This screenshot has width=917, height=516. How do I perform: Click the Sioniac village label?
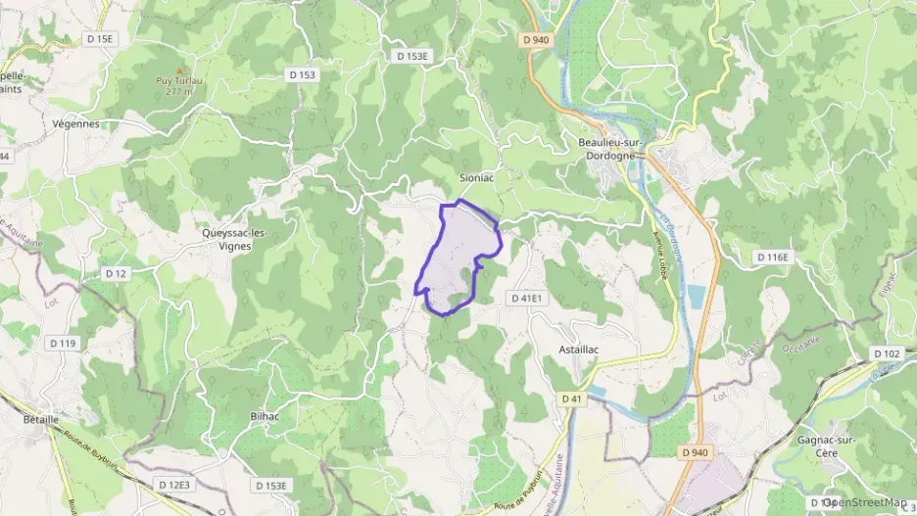coord(475,178)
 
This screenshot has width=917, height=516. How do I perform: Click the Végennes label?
coord(77,124)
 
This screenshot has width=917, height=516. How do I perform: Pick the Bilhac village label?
coord(265,416)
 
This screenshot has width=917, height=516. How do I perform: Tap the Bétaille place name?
coord(41,418)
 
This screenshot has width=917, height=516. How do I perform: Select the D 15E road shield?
coord(100,39)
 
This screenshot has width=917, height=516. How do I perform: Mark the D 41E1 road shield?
coord(526,297)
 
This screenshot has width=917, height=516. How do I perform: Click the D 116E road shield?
coord(772,257)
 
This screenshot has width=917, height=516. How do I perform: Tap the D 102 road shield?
coord(886,353)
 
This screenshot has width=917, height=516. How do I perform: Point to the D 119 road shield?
coord(63,343)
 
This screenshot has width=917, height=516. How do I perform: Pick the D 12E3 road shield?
coord(174,484)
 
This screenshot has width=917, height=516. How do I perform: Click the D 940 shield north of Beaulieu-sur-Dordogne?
coord(536,40)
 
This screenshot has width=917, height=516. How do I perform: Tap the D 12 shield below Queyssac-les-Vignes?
coord(116,273)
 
